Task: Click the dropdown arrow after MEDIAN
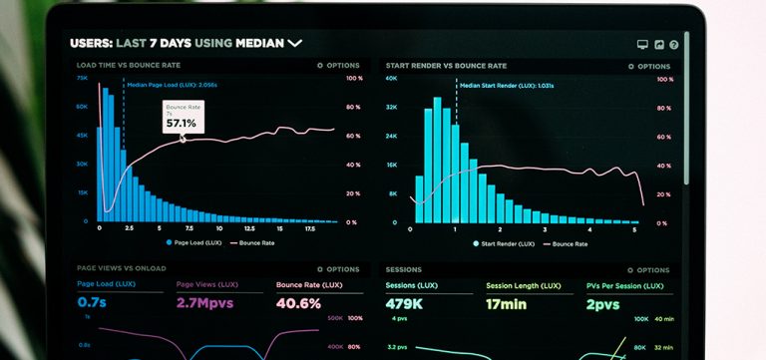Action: tap(294, 43)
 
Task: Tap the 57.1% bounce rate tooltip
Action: tap(183, 118)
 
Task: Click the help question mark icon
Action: tap(674, 45)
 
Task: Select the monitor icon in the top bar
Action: tap(642, 45)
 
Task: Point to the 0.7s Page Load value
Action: tap(92, 303)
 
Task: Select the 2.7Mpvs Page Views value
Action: tap(203, 303)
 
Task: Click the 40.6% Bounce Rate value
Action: tap(298, 303)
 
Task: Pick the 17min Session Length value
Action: tap(506, 304)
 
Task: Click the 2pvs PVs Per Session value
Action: tap(603, 304)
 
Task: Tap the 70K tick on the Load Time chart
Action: tap(82, 78)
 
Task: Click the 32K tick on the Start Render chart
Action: tap(392, 107)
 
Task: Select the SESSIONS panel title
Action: tap(403, 269)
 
